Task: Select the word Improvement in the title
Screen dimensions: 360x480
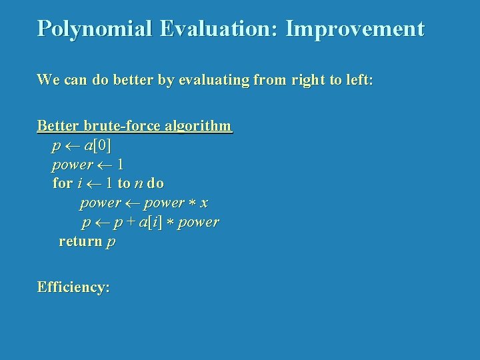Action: click(355, 29)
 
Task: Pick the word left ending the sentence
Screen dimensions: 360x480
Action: click(359, 80)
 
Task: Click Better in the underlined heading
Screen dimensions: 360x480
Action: click(57, 125)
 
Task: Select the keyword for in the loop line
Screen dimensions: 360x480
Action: click(62, 183)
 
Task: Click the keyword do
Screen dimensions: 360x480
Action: click(155, 183)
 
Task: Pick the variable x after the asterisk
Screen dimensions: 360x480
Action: click(203, 203)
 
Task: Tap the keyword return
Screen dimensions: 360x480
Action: click(80, 241)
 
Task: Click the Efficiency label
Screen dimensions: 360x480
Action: click(73, 288)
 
